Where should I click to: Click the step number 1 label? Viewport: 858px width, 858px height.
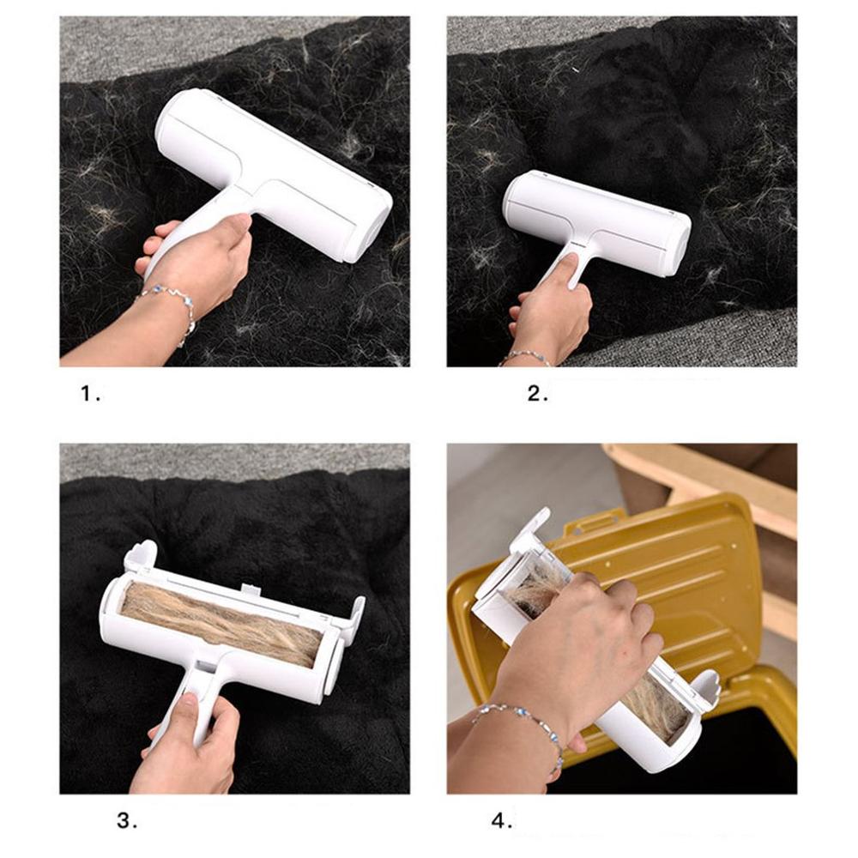pos(90,394)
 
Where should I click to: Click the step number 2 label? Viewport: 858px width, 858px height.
pos(537,394)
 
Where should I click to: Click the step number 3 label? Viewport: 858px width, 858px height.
pos(127,821)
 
